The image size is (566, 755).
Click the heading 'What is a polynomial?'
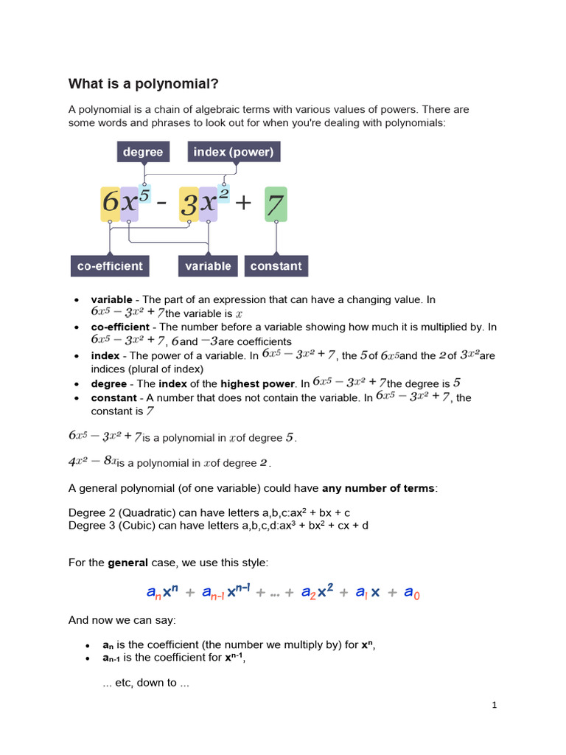[144, 83]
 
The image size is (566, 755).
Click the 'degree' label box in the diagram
[143, 152]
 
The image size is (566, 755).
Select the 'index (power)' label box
[233, 152]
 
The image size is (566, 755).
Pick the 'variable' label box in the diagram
[208, 266]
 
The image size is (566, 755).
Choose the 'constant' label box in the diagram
[276, 266]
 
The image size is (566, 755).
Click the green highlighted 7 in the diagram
[276, 203]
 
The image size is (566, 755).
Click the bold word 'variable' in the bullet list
[111, 300]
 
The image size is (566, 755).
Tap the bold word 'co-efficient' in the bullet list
[119, 327]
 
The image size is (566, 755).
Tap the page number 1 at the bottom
[495, 706]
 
